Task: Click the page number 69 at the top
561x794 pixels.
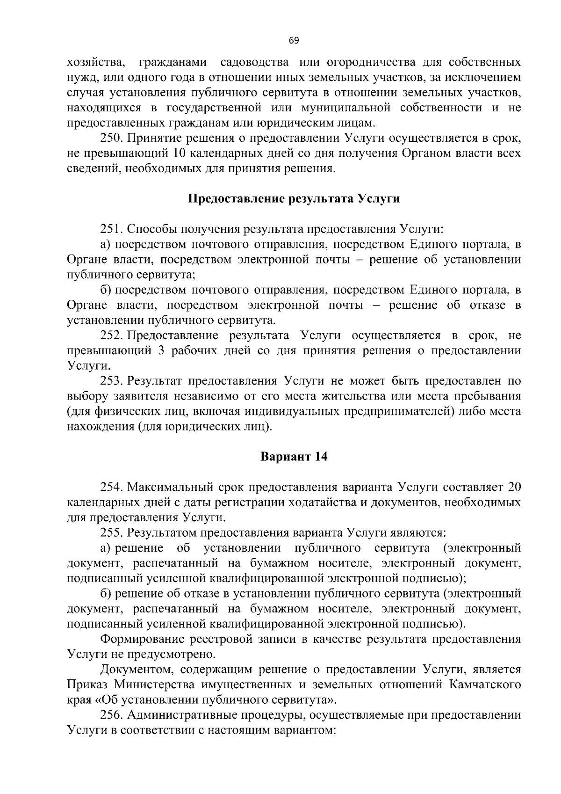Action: [x=294, y=40]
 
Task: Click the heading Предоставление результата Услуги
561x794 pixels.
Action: [x=294, y=199]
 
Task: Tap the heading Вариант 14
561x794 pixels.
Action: [x=294, y=457]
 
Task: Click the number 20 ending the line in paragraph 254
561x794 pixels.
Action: [x=514, y=487]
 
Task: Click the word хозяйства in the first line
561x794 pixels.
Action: [x=95, y=62]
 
